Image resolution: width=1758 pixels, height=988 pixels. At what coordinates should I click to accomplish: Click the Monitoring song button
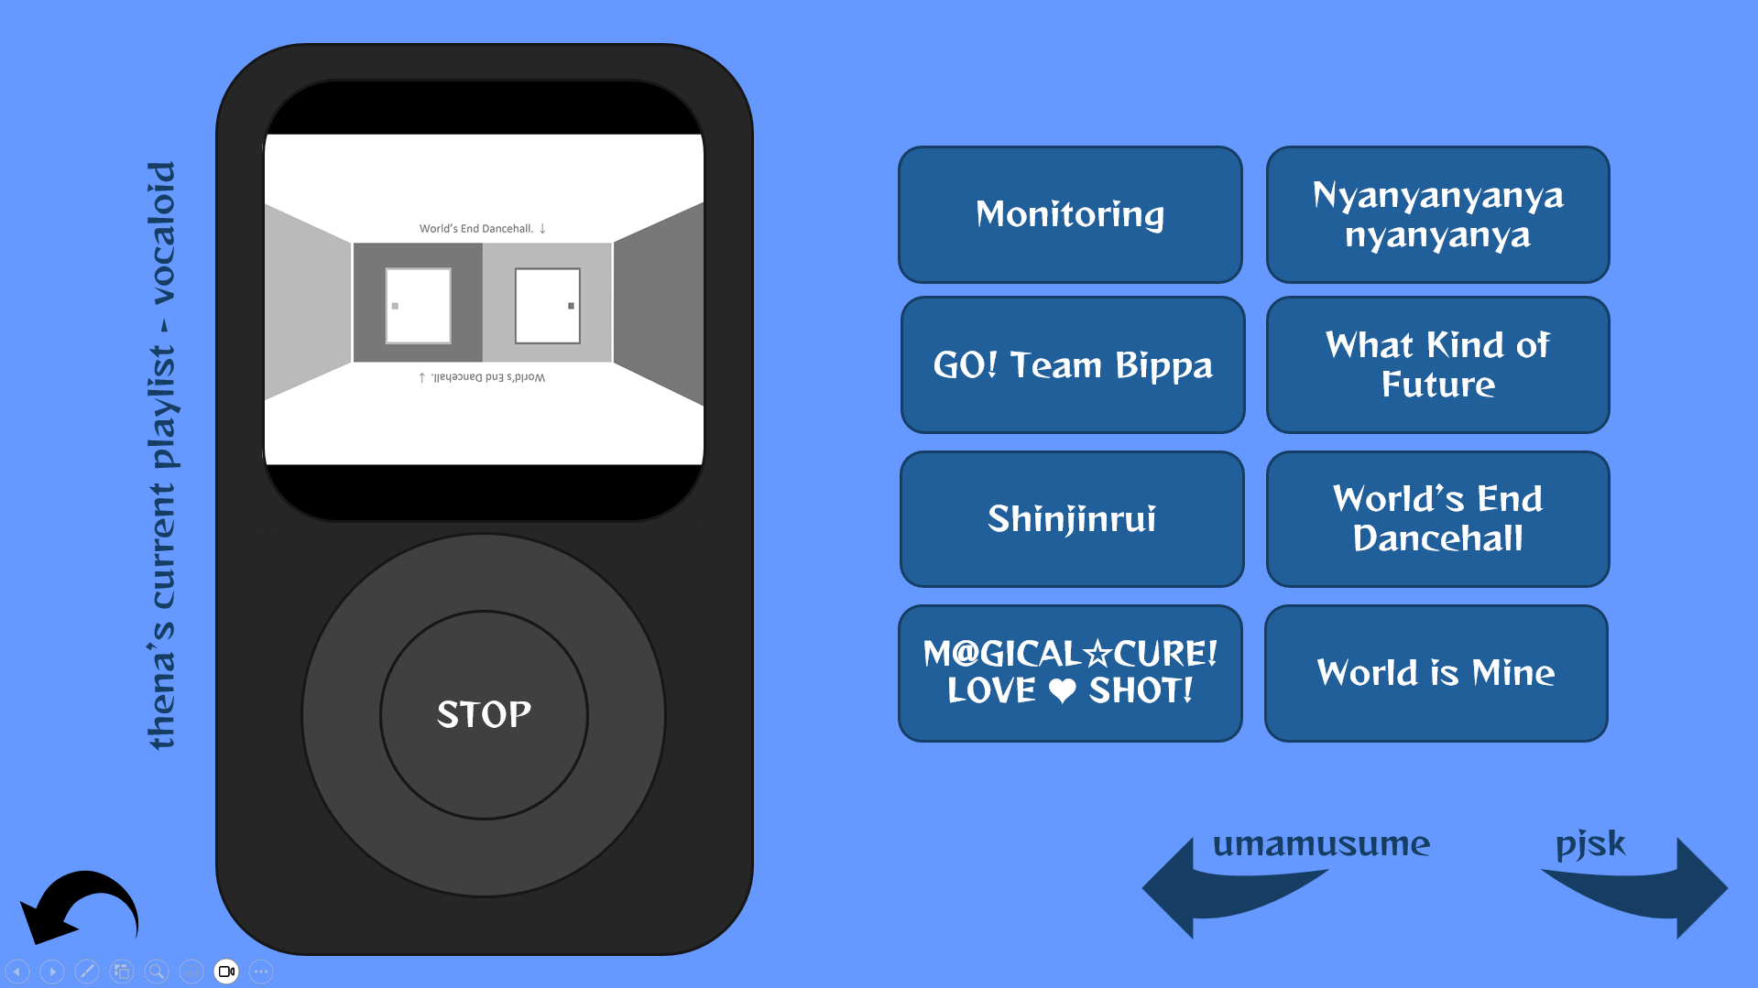(x=1070, y=214)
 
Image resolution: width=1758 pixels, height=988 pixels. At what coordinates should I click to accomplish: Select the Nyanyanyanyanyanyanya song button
(x=1437, y=214)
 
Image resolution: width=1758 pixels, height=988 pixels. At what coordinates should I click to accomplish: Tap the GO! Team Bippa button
(x=1072, y=364)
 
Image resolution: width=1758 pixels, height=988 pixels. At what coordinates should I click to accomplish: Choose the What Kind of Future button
(x=1437, y=364)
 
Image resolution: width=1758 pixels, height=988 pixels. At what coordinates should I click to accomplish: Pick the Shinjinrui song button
(x=1072, y=518)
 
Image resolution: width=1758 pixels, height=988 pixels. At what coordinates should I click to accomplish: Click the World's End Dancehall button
(x=1437, y=518)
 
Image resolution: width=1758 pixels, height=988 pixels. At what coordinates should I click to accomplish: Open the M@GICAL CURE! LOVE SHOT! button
(x=1070, y=673)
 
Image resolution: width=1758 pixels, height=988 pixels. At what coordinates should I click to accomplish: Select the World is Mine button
(x=1436, y=673)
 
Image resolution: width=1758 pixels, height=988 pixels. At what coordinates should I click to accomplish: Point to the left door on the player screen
(x=418, y=305)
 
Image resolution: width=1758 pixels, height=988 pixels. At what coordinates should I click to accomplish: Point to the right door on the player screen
(x=548, y=305)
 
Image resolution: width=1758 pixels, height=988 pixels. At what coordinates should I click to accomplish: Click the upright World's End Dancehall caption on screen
(x=476, y=228)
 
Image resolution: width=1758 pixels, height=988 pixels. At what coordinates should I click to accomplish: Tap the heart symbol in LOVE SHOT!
(x=1062, y=690)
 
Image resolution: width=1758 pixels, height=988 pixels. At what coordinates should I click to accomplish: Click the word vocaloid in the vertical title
(x=162, y=233)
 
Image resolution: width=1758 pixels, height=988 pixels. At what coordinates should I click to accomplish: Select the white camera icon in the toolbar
(x=226, y=972)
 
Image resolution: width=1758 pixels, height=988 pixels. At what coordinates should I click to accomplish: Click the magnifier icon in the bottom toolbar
(x=157, y=972)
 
